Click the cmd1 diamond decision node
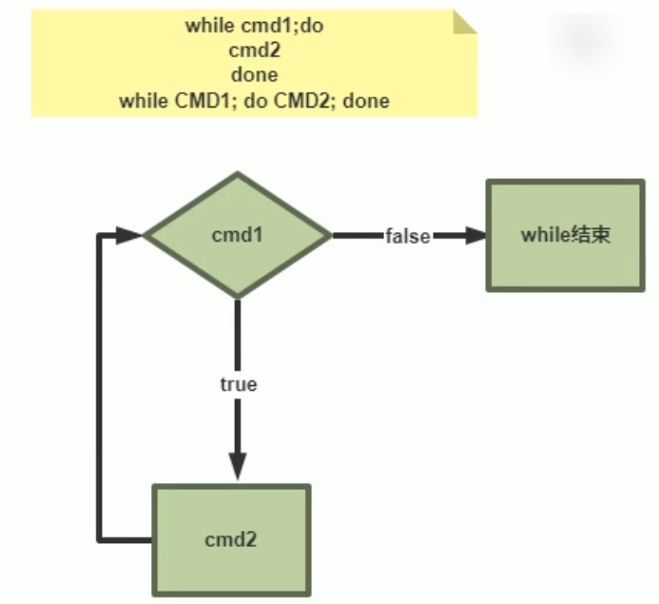(237, 235)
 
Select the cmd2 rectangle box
(231, 539)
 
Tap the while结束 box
(565, 235)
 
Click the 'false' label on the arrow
(407, 236)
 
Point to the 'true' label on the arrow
(238, 384)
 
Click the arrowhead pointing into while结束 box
(475, 235)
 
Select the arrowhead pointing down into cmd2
(238, 466)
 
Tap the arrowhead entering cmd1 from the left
(129, 235)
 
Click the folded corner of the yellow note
(463, 22)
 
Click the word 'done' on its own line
(254, 74)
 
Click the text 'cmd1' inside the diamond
(237, 235)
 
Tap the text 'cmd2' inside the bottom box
(231, 539)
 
